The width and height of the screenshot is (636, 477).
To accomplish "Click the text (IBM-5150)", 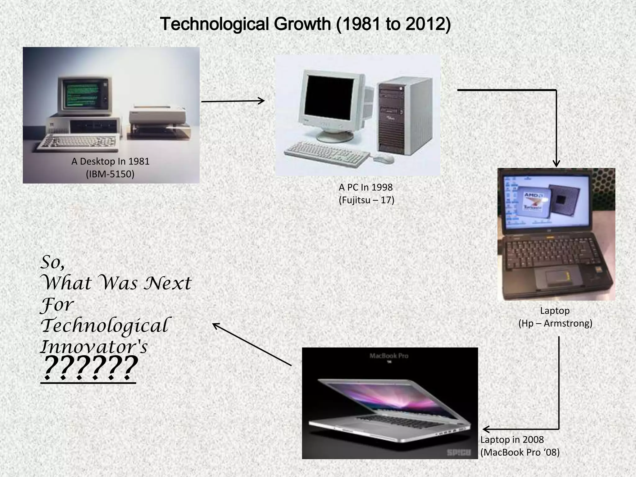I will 110,174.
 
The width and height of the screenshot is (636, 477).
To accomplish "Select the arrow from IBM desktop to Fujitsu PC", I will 233,101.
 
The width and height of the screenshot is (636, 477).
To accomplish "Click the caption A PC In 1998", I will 366,187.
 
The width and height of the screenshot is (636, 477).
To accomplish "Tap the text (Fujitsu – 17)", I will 366,200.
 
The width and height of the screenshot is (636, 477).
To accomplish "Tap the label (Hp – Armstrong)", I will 555,324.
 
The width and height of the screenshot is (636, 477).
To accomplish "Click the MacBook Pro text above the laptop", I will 388,356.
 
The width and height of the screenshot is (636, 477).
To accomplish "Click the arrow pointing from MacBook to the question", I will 252,344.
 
